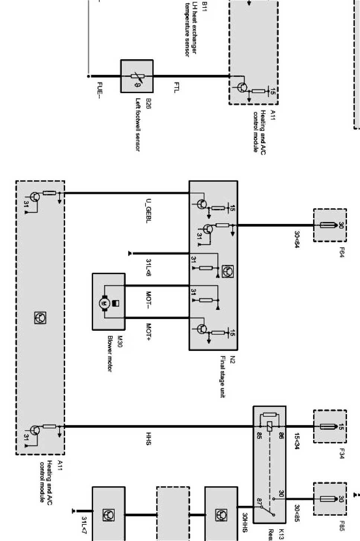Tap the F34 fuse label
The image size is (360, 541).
coord(341,454)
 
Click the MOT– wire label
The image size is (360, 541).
coord(148,300)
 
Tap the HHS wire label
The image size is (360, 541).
coord(148,438)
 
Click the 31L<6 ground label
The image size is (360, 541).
coord(148,268)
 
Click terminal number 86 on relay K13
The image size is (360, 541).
coord(280,434)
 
